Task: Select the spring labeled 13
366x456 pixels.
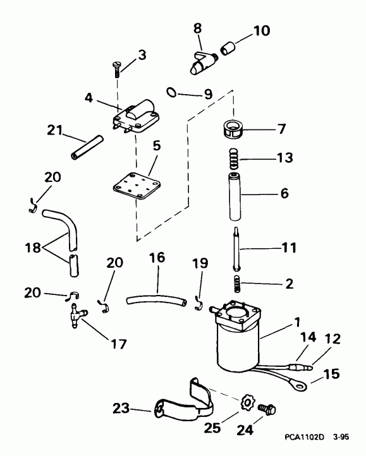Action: pos(234,160)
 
